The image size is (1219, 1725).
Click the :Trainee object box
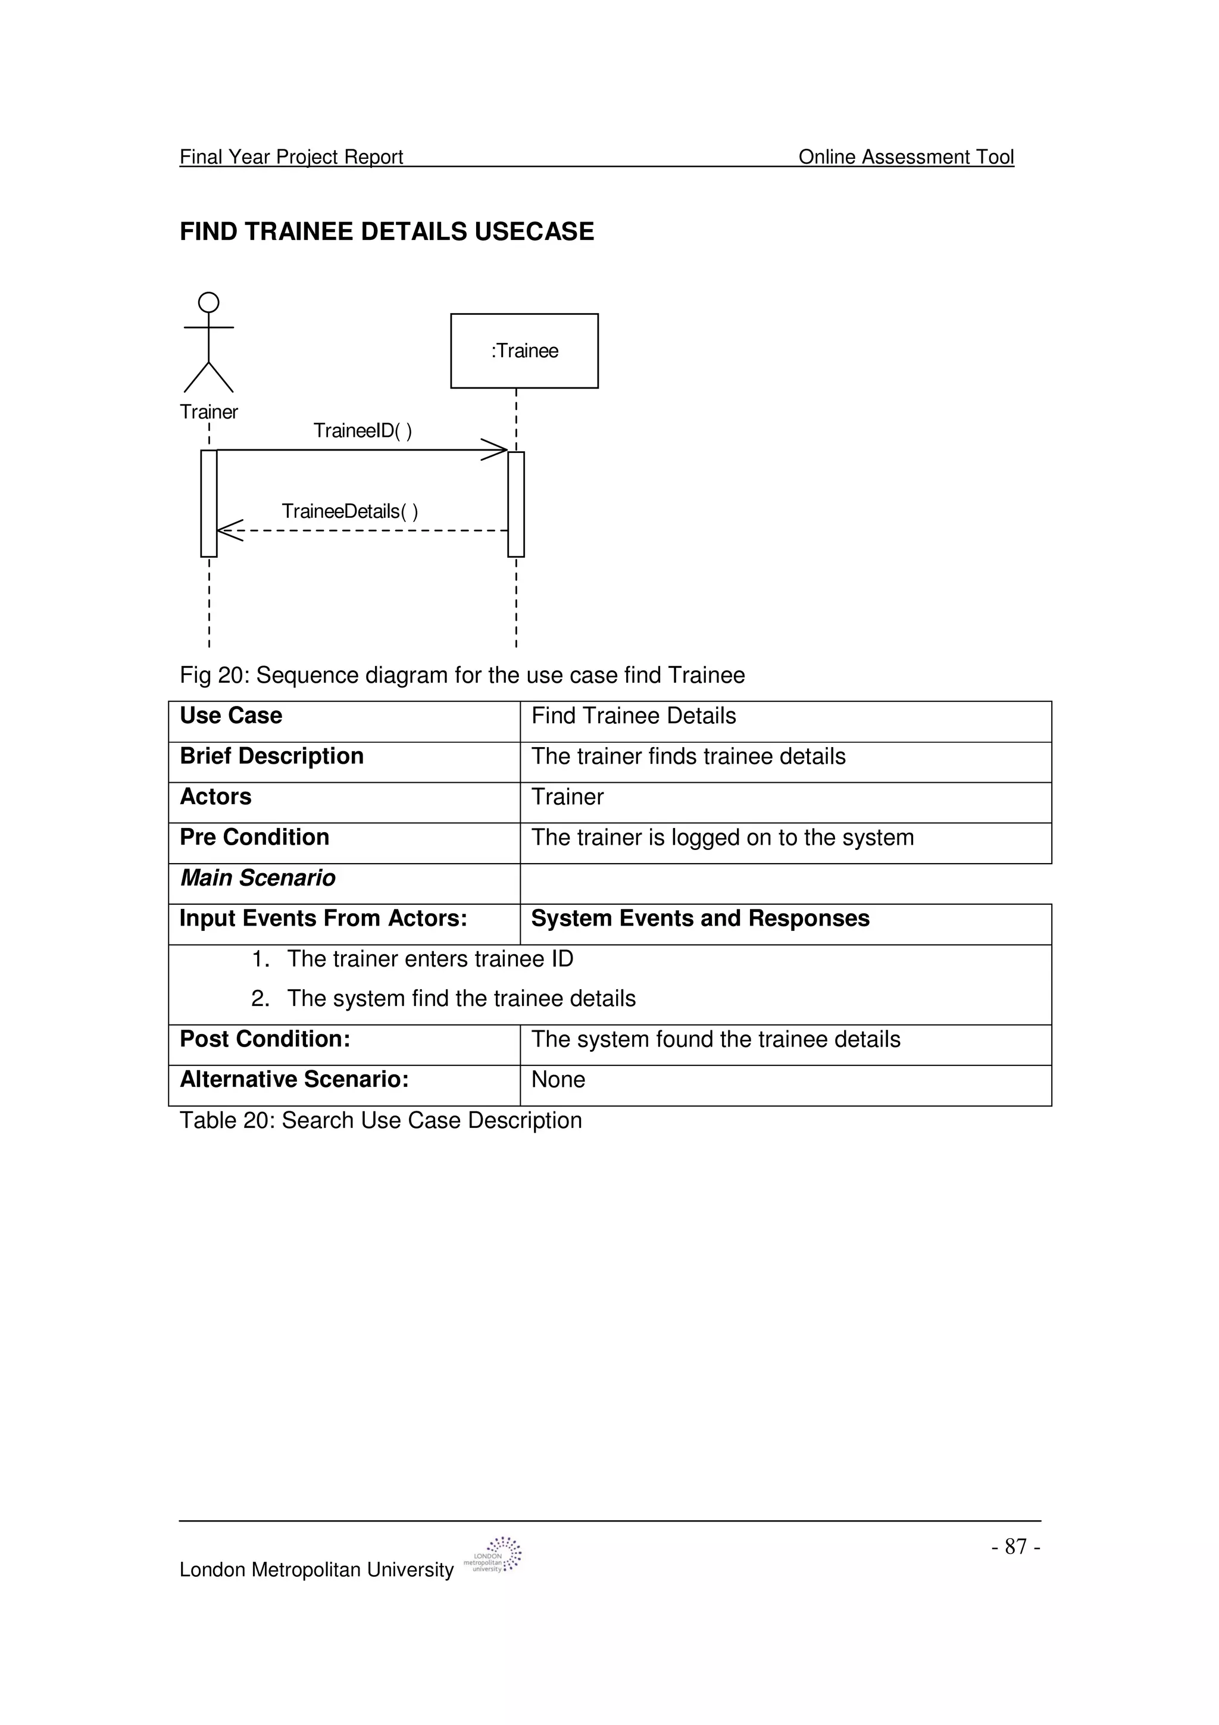(x=524, y=351)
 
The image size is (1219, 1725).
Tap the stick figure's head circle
(x=209, y=303)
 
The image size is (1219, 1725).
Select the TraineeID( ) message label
(x=362, y=430)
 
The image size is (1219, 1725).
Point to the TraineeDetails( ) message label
(x=349, y=512)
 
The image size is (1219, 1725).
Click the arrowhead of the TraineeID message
(x=496, y=450)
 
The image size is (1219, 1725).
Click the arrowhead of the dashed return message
(x=229, y=530)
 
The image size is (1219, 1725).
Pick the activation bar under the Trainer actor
(x=209, y=504)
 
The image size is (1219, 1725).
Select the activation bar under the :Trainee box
(x=516, y=504)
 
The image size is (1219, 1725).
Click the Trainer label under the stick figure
(x=209, y=412)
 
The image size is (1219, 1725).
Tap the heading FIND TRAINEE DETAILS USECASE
(x=387, y=232)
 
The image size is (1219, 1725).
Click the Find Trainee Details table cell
(x=633, y=716)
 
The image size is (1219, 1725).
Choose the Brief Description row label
(x=271, y=756)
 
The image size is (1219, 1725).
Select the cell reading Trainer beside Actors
(x=567, y=797)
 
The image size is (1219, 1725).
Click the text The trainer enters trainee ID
(x=430, y=960)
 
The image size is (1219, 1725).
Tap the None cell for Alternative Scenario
(x=558, y=1080)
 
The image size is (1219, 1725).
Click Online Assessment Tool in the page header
(x=906, y=157)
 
